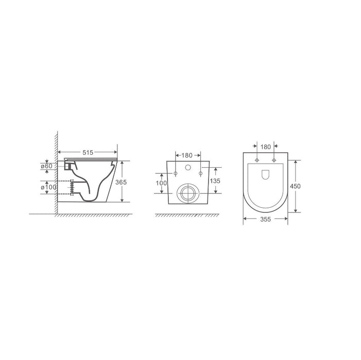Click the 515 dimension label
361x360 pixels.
click(88, 152)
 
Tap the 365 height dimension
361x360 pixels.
click(121, 182)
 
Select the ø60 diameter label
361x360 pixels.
click(46, 166)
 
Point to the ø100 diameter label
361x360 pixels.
click(48, 187)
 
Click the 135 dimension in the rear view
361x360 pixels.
click(215, 181)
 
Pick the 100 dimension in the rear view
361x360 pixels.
click(161, 183)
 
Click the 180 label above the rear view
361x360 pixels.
click(187, 155)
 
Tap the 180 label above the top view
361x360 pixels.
click(265, 147)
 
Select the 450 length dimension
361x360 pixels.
click(295, 186)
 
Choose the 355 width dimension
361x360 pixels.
click(265, 219)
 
